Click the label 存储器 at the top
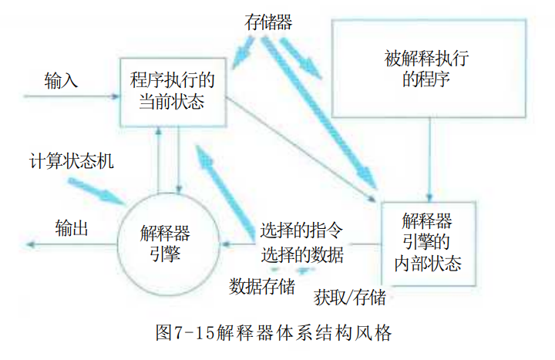(x=268, y=22)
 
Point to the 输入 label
(x=61, y=80)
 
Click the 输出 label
(x=72, y=227)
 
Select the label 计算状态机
(x=71, y=161)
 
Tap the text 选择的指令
(x=301, y=230)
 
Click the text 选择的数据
(x=302, y=254)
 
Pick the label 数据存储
(x=262, y=286)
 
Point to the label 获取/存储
(x=350, y=297)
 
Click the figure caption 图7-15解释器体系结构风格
(x=274, y=332)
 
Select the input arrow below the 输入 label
(x=72, y=96)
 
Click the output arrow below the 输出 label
(x=72, y=244)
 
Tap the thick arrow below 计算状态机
(x=97, y=191)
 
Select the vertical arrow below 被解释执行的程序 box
(x=429, y=160)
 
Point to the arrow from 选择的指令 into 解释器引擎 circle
(x=238, y=244)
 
